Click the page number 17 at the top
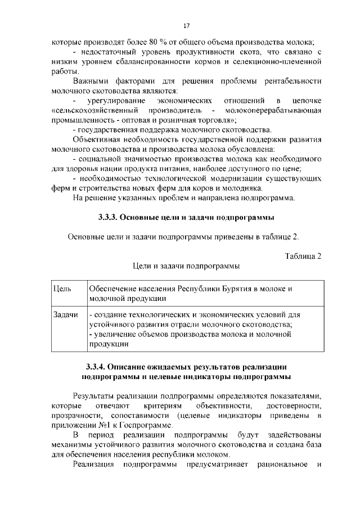point(186,25)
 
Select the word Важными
point(90,81)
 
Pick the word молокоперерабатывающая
point(273,111)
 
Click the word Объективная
point(97,140)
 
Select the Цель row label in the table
point(61,289)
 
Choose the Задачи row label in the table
point(65,314)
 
